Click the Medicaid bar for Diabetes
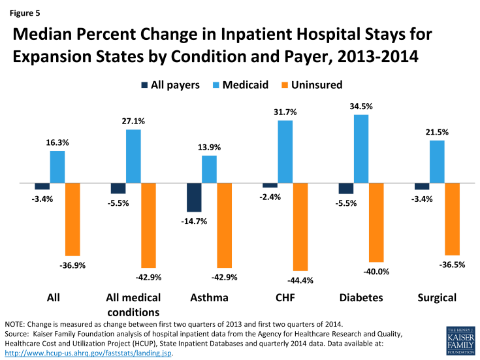361,149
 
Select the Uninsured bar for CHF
300,227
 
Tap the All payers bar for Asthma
194,197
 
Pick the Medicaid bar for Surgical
437,162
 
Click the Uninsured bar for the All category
72,220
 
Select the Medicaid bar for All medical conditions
133,156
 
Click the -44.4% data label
302,281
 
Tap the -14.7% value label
194,221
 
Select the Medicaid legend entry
241,84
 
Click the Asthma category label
209,298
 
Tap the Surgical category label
436,298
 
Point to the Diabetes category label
360,298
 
